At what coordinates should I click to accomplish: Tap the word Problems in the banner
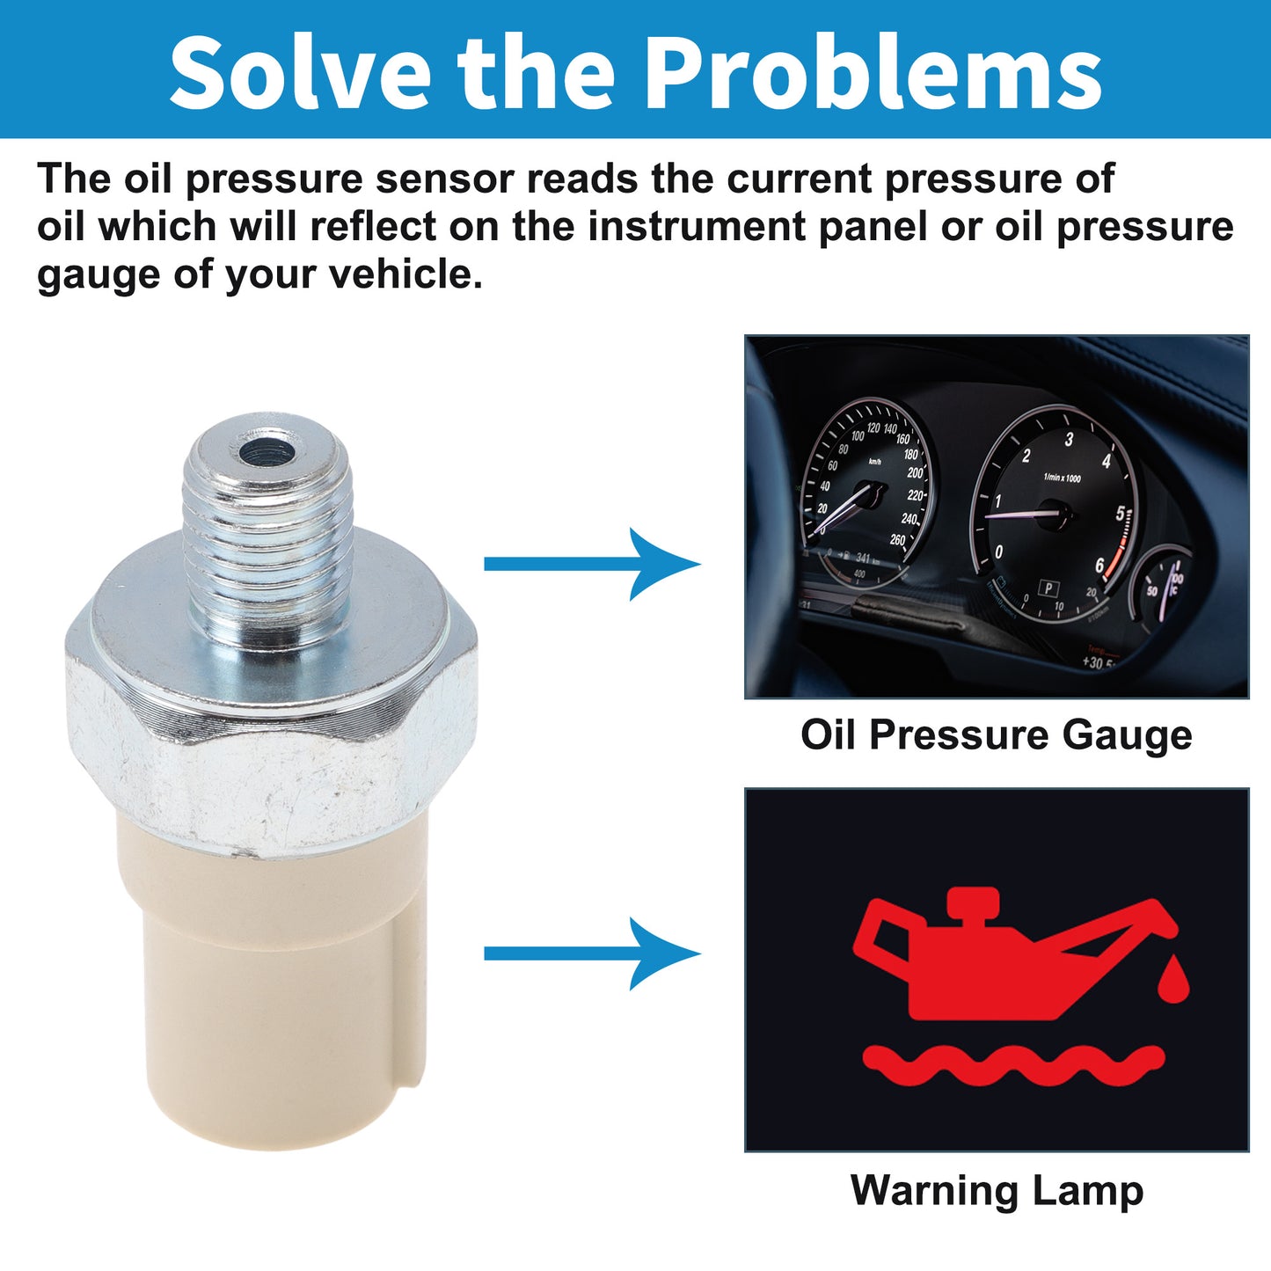pos(873,71)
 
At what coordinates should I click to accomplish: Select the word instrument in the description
pos(697,226)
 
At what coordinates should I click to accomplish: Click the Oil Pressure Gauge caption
pos(997,736)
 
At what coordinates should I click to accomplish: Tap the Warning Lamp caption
pos(997,1191)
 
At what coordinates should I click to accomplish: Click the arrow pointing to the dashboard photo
pos(592,564)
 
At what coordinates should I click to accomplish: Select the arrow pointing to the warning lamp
pos(592,953)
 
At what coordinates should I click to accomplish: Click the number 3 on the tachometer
pos(1070,439)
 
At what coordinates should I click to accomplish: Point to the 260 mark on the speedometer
pos(898,539)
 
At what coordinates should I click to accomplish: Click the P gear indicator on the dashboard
pos(1048,588)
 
